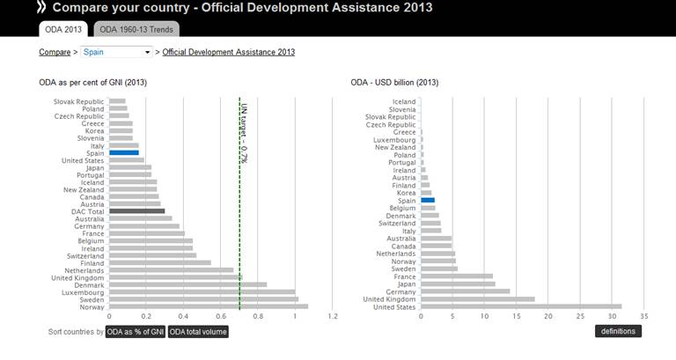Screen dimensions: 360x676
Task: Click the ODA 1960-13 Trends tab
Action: pos(136,29)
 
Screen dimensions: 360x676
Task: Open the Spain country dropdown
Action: pos(117,52)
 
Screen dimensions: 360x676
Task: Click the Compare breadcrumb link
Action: pos(55,52)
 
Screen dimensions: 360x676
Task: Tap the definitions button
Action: pos(618,331)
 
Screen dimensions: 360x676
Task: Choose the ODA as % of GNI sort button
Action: pos(135,331)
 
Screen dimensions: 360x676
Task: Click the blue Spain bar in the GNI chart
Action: pos(124,153)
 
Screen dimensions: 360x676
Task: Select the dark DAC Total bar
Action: pos(136,210)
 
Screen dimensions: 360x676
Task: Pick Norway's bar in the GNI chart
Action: pos(209,306)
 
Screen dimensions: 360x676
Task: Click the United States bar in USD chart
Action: pos(521,306)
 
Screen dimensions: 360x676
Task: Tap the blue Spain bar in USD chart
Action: pos(428,200)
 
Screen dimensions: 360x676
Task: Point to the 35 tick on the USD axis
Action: pos(644,315)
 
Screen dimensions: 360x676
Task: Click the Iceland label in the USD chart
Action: pos(403,102)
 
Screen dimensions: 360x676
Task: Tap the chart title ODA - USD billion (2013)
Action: pos(394,83)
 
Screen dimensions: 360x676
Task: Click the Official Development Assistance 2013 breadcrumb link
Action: pos(229,52)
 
